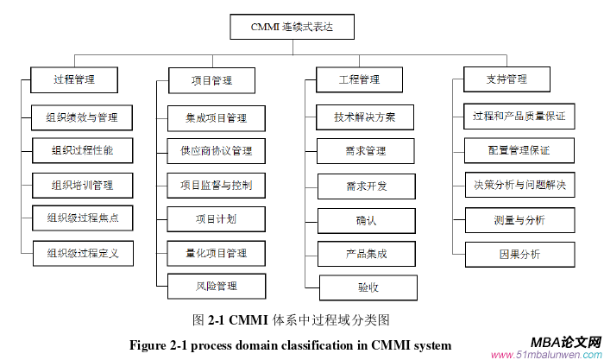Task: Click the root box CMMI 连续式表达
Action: [x=293, y=28]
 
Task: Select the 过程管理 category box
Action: [x=73, y=80]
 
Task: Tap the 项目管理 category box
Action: [x=211, y=81]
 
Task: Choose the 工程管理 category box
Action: [x=359, y=80]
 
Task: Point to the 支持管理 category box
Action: [x=506, y=80]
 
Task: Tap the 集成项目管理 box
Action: [x=215, y=117]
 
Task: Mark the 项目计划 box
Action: [x=215, y=219]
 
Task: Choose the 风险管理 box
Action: [x=215, y=286]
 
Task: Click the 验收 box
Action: [x=367, y=287]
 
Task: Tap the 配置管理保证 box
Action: [x=519, y=150]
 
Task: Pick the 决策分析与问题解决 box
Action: [x=519, y=185]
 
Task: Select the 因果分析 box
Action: [x=519, y=254]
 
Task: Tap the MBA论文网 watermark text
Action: [x=559, y=342]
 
